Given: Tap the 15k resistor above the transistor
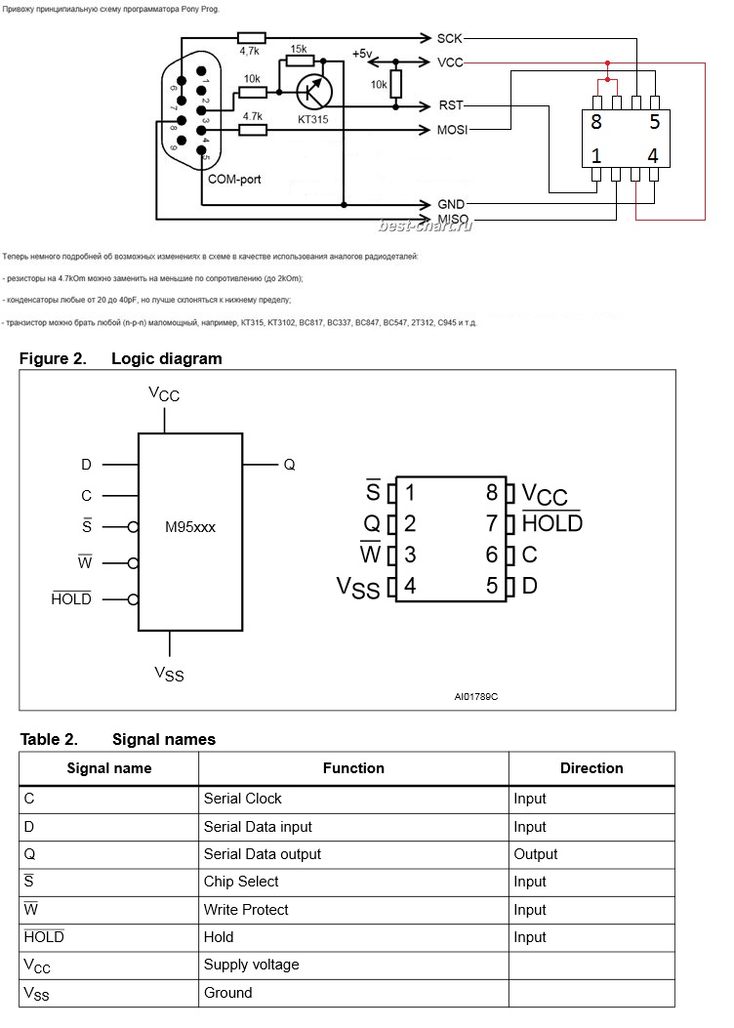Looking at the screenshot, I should [x=299, y=62].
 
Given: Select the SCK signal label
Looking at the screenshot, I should [x=450, y=38].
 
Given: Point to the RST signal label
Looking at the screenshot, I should [x=450, y=106].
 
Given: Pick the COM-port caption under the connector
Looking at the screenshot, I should [x=234, y=180].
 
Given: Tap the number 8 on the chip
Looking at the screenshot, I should [x=595, y=123].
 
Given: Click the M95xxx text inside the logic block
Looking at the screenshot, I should [x=190, y=526].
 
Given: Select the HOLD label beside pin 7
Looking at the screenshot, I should [x=552, y=523].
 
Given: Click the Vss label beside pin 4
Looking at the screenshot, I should [x=358, y=587].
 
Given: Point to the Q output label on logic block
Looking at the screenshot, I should [x=289, y=465].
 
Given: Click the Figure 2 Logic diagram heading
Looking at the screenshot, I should [x=121, y=358].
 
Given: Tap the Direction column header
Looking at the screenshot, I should [x=591, y=768].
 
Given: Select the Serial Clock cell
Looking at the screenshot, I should [x=243, y=799].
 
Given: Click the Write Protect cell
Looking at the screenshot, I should [x=246, y=910].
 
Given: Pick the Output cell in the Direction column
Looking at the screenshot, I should [x=536, y=854].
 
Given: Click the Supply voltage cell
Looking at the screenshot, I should [x=252, y=965].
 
